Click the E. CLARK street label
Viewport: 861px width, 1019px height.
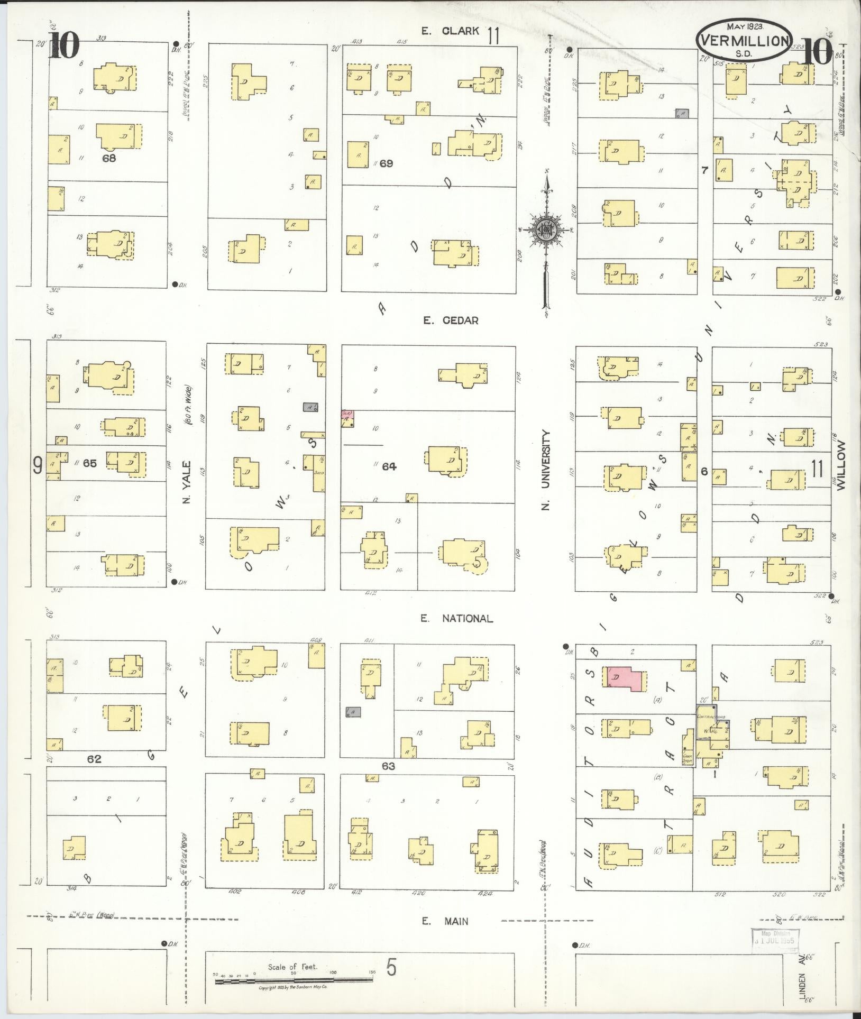click(450, 31)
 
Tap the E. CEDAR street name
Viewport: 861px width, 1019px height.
click(450, 320)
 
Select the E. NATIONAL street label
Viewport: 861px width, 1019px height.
click(457, 618)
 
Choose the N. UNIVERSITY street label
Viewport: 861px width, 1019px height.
click(546, 470)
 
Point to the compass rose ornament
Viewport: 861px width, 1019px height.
click(545, 229)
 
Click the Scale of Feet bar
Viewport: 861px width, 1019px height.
click(294, 981)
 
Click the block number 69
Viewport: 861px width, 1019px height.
click(386, 163)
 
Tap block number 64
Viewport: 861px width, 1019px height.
click(389, 466)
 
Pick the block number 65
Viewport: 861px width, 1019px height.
click(90, 463)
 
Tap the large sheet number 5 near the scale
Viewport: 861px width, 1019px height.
click(391, 968)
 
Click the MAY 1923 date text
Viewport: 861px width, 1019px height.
click(743, 25)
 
